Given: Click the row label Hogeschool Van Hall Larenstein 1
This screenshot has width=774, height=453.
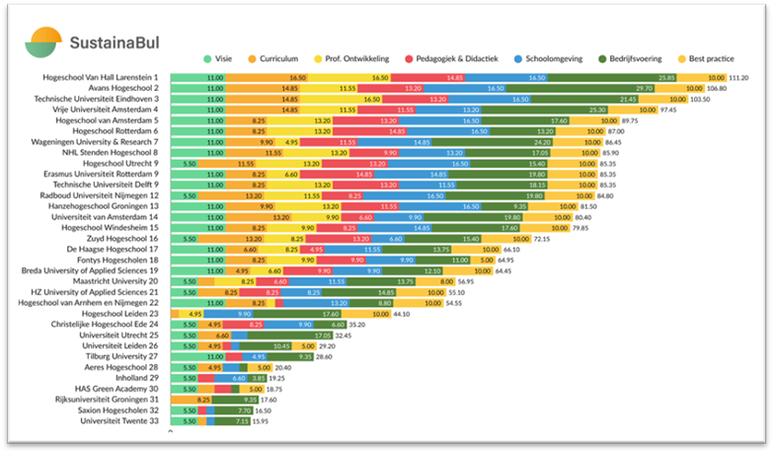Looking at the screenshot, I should pos(102,76).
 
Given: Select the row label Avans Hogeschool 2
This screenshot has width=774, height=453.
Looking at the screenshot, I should pos(126,88).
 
